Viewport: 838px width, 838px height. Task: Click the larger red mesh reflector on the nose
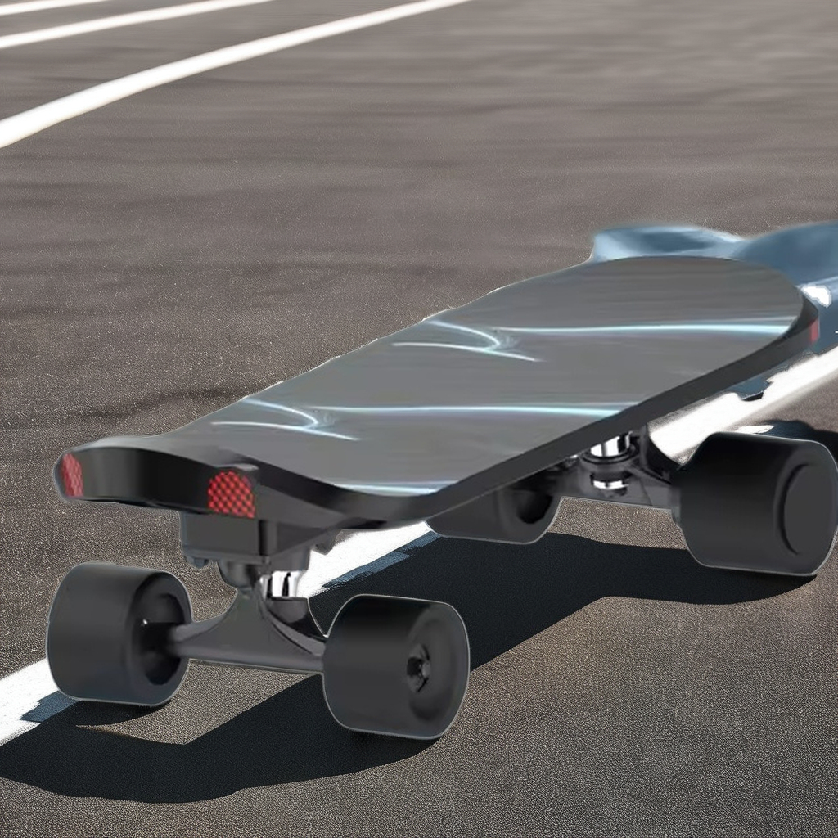[x=231, y=493]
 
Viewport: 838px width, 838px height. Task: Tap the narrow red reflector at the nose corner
[x=72, y=475]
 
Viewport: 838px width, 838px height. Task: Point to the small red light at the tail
[x=814, y=331]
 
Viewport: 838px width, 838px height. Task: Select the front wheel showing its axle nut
[x=396, y=665]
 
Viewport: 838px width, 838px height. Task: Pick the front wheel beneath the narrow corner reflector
[x=118, y=633]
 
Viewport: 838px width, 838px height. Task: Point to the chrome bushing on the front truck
[x=278, y=583]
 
